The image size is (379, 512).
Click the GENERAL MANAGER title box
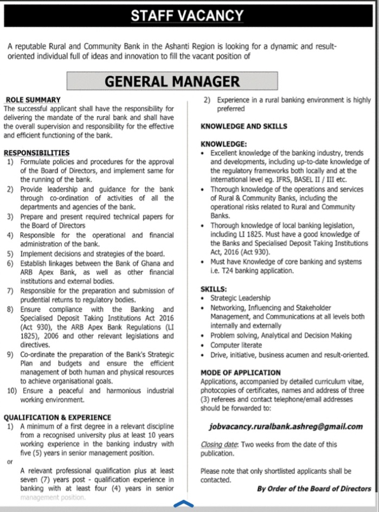click(172, 81)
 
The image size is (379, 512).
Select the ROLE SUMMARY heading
click(33, 100)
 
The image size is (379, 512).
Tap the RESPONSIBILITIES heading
click(36, 153)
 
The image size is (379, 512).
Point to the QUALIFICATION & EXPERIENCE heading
click(57, 417)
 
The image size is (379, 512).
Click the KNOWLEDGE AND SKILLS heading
click(243, 126)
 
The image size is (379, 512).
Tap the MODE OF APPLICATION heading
click(240, 373)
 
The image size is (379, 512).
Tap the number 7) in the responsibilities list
click(10, 291)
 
